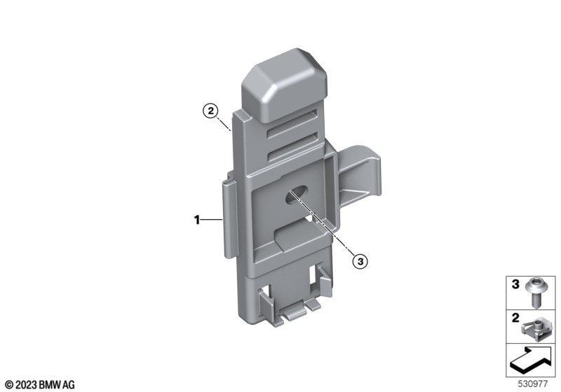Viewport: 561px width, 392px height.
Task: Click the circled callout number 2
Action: point(210,111)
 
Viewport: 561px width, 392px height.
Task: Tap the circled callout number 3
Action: point(360,261)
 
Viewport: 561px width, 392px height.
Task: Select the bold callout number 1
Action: point(197,220)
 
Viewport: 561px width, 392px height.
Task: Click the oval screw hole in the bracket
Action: point(297,195)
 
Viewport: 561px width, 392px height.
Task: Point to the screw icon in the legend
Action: point(534,293)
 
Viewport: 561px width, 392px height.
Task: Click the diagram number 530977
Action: point(533,384)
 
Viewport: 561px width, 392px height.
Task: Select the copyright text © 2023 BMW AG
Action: point(40,385)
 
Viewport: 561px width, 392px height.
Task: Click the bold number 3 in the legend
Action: point(515,284)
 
